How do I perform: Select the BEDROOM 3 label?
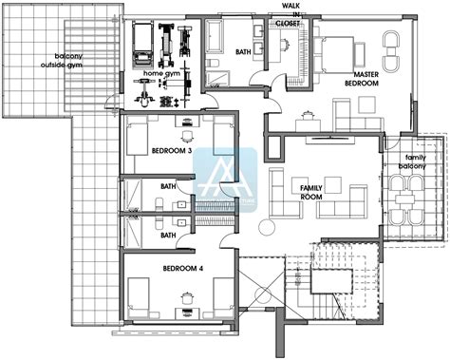tap(172, 150)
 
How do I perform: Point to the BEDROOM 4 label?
tap(182, 268)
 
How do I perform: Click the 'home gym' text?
tap(160, 73)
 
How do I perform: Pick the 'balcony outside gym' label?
tap(67, 62)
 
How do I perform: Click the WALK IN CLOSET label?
tap(289, 16)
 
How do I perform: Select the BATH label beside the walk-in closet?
tap(243, 52)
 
